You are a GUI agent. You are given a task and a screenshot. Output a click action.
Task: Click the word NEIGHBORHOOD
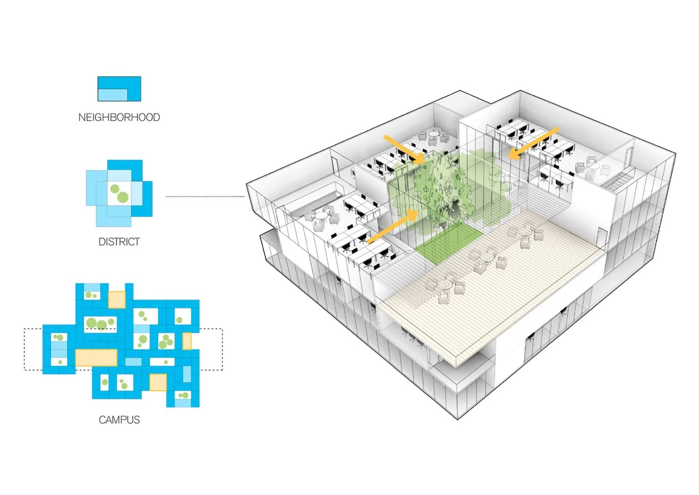pos(119,117)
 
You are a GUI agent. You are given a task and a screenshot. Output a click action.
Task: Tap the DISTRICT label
pos(119,242)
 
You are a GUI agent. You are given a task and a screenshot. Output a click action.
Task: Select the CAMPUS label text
pos(119,420)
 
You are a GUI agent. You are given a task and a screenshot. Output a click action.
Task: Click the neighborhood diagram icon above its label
pos(119,89)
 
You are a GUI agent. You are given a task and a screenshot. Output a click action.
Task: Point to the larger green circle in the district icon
pos(123,197)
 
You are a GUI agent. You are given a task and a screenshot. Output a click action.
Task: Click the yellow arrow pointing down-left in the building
pos(534,143)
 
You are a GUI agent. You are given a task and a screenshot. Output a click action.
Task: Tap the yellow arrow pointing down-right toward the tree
pos(404,149)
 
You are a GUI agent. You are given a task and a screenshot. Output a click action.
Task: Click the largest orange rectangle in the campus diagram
pos(96,358)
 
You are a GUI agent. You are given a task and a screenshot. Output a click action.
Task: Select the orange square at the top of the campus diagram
pos(117,300)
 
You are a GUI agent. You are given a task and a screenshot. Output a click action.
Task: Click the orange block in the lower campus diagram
pos(158,382)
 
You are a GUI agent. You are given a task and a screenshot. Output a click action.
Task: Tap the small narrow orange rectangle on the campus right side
pos(187,341)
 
